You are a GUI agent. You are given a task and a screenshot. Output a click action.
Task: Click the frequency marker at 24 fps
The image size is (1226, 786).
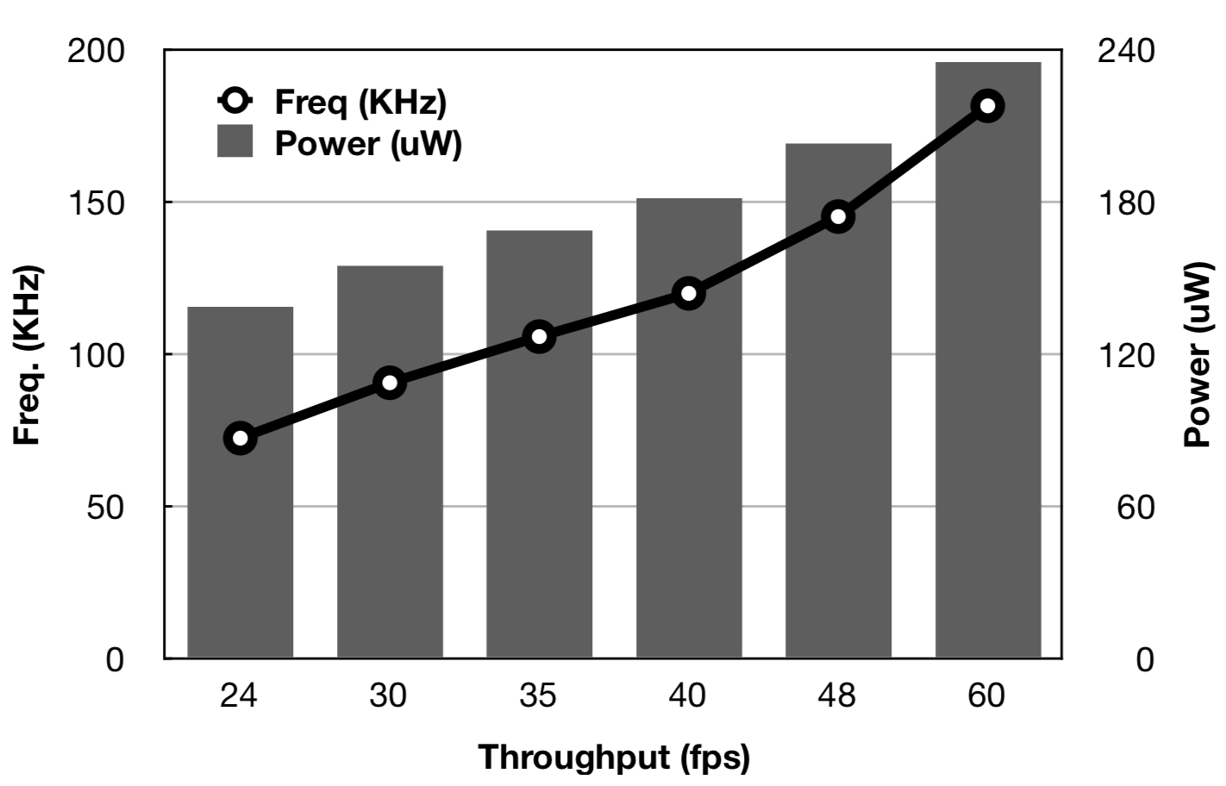(x=240, y=438)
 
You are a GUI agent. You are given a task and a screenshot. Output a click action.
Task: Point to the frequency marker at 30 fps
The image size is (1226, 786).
(x=389, y=383)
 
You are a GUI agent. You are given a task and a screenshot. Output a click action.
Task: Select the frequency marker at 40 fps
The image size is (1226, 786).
(x=688, y=294)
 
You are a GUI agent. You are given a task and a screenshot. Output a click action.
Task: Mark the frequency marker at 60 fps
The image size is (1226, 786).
(x=987, y=106)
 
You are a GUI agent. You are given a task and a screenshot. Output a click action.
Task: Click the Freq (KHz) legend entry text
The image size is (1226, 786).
(x=360, y=102)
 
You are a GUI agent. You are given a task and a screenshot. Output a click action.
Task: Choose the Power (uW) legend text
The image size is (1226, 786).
(x=368, y=143)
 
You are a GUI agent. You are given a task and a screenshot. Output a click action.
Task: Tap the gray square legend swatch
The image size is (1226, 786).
(x=235, y=141)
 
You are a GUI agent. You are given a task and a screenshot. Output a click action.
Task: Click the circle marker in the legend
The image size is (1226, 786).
(x=235, y=101)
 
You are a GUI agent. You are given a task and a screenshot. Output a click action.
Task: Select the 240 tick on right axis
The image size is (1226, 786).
(x=1125, y=51)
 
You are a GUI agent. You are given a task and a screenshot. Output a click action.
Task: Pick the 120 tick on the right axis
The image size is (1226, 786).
(x=1125, y=354)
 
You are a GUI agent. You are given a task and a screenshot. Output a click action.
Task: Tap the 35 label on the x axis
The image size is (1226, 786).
(x=538, y=695)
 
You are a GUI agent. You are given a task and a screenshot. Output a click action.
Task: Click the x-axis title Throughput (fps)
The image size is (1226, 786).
(x=614, y=758)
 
